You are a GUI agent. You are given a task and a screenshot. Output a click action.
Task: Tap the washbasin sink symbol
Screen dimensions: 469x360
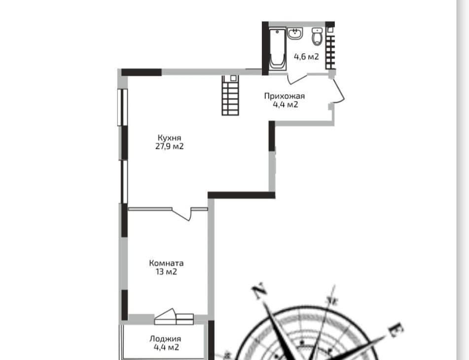(x=295, y=33)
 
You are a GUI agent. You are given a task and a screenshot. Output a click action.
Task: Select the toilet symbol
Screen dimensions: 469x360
(x=317, y=36)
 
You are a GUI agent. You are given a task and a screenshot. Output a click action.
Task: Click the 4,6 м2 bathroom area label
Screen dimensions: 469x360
(x=306, y=57)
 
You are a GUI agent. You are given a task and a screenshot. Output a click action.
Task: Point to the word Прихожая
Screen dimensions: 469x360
(x=285, y=96)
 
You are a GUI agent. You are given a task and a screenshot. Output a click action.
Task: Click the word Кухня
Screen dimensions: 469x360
(x=169, y=138)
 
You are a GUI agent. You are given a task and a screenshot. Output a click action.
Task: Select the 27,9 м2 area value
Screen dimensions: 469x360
(x=169, y=146)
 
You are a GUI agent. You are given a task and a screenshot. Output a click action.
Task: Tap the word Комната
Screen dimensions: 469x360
(x=166, y=263)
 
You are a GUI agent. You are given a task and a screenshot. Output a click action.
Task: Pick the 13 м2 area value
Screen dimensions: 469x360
(x=166, y=272)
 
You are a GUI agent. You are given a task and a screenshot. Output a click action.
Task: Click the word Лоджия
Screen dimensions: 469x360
(x=165, y=339)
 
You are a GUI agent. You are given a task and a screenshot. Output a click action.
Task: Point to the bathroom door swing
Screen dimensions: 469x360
(x=297, y=79)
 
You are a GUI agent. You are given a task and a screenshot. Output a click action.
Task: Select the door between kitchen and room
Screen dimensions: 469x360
(x=182, y=214)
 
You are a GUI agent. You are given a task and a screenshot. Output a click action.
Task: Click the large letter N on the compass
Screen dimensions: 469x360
(x=259, y=290)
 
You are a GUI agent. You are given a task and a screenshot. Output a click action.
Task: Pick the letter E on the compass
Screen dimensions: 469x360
(x=397, y=330)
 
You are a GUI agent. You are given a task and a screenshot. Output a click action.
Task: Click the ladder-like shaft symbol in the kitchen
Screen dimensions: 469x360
(x=230, y=95)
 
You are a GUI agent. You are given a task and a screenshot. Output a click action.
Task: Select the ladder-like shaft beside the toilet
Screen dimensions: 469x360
(x=330, y=48)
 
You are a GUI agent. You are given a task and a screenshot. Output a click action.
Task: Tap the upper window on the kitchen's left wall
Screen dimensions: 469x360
(x=123, y=107)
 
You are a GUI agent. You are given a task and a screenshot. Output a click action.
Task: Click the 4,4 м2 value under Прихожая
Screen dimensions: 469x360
(x=286, y=105)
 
